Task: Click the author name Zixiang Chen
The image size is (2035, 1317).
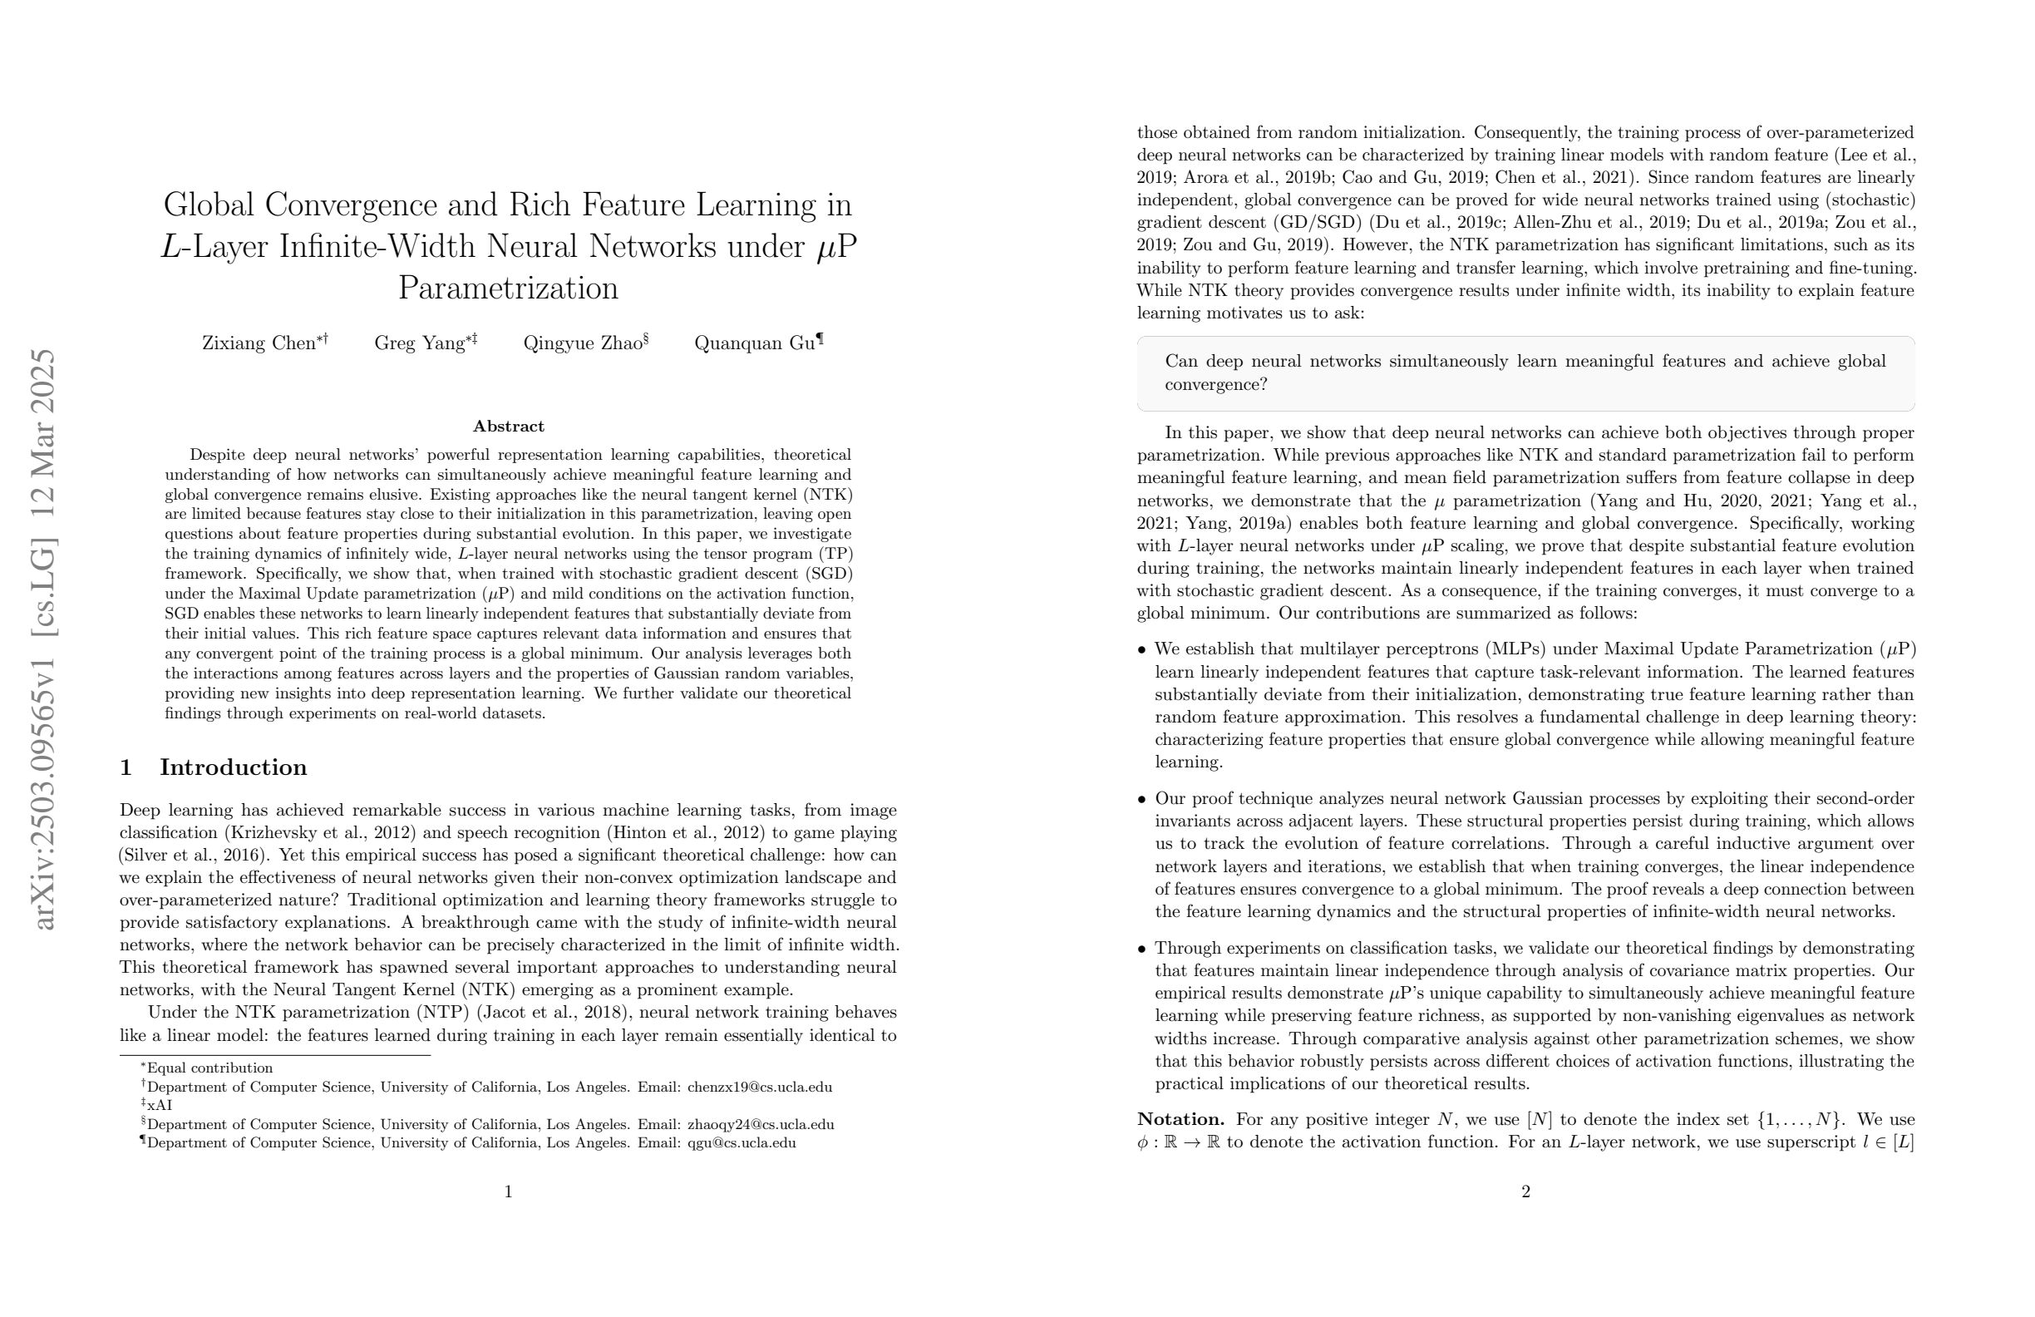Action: point(259,343)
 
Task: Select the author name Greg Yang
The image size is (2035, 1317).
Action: point(419,343)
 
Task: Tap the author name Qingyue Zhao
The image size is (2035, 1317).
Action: point(582,343)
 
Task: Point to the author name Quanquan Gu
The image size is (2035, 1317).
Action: point(754,343)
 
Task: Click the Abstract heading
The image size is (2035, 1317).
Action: point(509,426)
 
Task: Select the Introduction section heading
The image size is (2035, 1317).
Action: point(233,767)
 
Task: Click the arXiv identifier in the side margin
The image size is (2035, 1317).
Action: point(42,638)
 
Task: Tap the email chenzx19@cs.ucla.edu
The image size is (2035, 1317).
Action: point(759,1087)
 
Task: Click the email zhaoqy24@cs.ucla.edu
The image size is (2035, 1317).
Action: point(760,1125)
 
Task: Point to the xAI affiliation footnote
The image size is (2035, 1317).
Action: point(159,1105)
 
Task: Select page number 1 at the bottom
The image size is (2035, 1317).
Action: point(509,1191)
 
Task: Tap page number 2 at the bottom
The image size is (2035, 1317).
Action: point(1525,1191)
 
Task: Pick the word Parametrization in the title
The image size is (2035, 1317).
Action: point(509,288)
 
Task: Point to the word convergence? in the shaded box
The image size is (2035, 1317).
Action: point(1215,384)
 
